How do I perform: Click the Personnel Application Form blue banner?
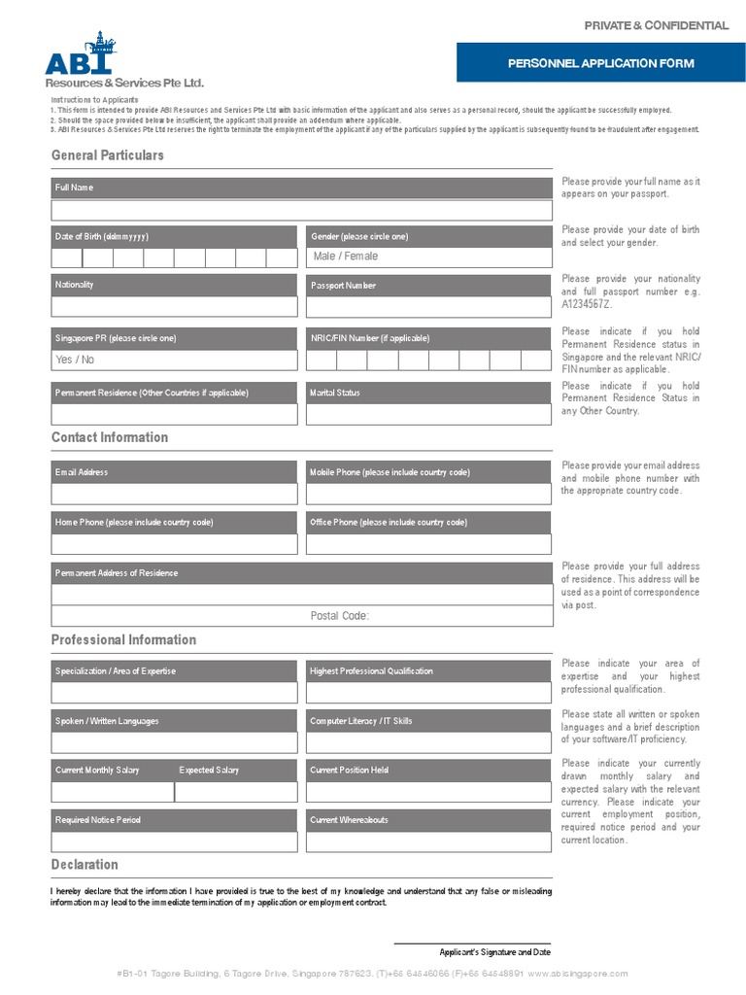[x=601, y=63]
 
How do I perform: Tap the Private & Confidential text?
[x=656, y=25]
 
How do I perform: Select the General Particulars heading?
[x=108, y=155]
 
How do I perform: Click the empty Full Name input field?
[x=301, y=210]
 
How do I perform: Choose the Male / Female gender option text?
[x=346, y=257]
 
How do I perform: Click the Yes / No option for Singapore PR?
[x=76, y=360]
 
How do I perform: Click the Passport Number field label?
[x=343, y=286]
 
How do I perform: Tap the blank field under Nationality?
[x=174, y=307]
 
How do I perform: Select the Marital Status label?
[x=335, y=393]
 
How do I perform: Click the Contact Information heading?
[x=110, y=437]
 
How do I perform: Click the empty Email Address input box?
[x=174, y=494]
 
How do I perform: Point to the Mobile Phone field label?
[x=390, y=472]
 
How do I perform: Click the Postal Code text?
[x=340, y=616]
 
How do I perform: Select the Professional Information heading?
[x=123, y=639]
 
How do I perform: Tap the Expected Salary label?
[x=209, y=771]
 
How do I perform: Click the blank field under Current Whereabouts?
[x=428, y=841]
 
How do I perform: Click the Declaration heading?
[x=85, y=865]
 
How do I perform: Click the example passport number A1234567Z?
[x=587, y=304]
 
